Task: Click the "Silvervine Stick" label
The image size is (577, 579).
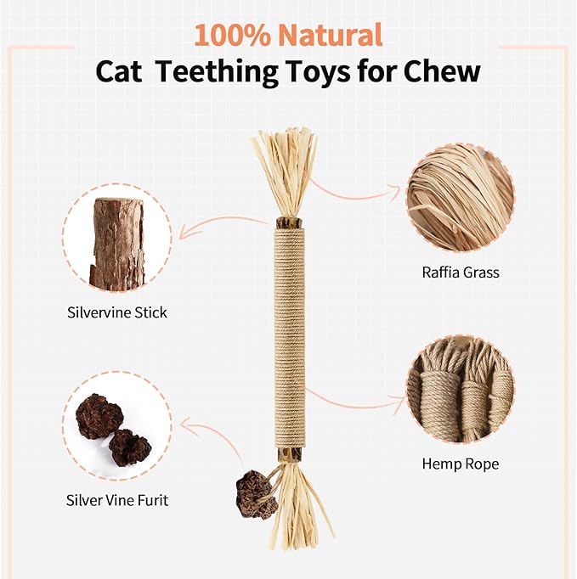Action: tap(117, 312)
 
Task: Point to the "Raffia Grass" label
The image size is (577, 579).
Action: tap(460, 273)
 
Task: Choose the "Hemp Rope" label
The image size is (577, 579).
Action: tap(460, 464)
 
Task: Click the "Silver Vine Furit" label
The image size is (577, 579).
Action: tap(117, 500)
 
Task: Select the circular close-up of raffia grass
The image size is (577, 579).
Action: tap(460, 198)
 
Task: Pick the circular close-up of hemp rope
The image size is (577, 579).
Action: tap(460, 389)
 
